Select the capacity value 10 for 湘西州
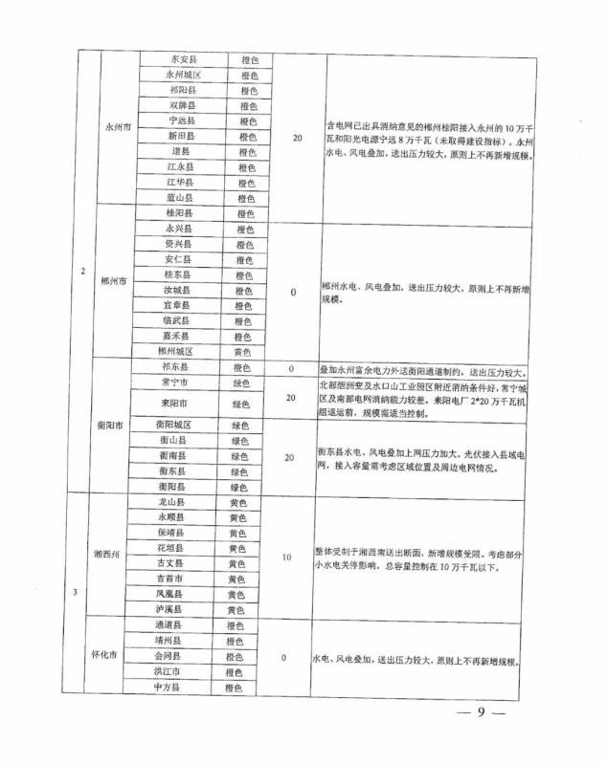[x=287, y=556]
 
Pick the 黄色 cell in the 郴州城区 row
[x=244, y=351]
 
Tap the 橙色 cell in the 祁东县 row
[x=243, y=367]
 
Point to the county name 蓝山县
[x=182, y=197]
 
